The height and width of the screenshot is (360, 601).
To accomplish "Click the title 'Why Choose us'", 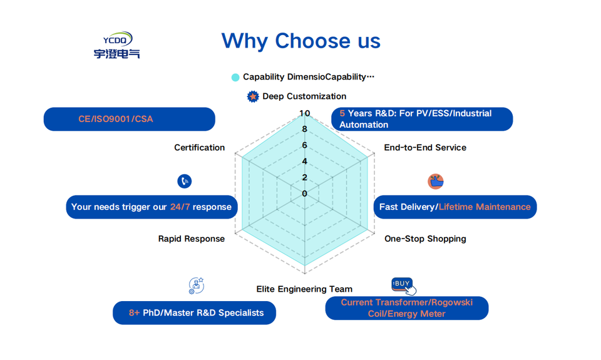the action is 300,41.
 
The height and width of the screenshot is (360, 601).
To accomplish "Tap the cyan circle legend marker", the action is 235,78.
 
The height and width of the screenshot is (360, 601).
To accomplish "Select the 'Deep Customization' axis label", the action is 304,96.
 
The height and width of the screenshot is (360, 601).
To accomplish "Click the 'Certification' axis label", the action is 199,148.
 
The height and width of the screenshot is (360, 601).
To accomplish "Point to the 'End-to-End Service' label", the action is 425,148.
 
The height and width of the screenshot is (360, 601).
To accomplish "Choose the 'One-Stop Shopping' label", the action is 425,239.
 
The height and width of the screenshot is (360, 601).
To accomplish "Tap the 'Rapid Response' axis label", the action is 191,239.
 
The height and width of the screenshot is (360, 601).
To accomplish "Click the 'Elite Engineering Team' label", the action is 304,289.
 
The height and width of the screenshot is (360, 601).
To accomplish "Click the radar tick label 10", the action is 304,113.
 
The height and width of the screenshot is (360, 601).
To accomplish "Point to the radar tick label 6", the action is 304,145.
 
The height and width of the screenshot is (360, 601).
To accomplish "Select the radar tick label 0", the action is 304,193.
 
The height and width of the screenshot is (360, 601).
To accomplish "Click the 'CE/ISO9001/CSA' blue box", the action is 129,119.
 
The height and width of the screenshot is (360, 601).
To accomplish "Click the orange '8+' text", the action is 134,313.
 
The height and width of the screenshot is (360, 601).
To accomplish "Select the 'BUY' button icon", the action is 403,285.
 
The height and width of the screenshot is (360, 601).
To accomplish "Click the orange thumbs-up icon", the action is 436,182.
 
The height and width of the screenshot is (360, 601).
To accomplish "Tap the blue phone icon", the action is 184,182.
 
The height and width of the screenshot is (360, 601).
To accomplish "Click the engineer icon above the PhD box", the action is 196,286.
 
